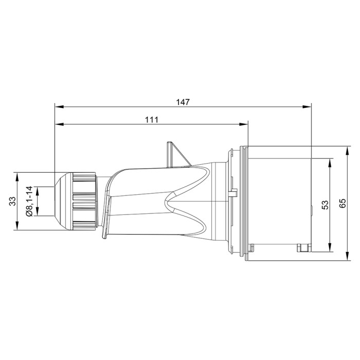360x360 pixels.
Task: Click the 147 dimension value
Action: (183, 102)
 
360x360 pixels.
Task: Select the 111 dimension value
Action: (151, 119)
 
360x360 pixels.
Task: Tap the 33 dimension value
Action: (12, 201)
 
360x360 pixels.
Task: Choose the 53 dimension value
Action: (325, 205)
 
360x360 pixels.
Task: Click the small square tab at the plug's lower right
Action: (303, 248)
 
